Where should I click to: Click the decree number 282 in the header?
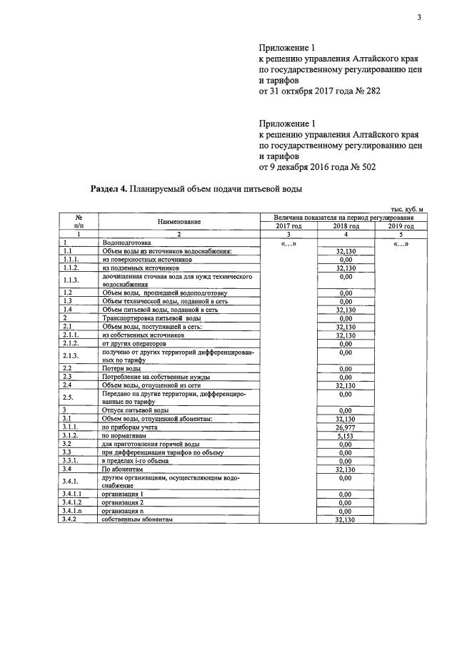[372, 92]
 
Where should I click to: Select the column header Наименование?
[179, 221]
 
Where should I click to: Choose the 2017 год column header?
[288, 225]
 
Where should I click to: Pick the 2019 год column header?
[401, 225]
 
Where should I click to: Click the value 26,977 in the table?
[346, 427]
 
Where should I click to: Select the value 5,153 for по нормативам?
[346, 435]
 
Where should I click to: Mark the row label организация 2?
[123, 502]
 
